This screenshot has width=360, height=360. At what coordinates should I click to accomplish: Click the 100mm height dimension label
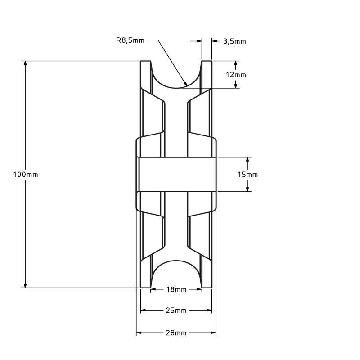[26, 175]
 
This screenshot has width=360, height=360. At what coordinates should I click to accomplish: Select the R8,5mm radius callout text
[130, 40]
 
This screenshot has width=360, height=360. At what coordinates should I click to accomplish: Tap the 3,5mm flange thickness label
[234, 41]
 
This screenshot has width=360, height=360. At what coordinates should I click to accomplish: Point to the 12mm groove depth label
[236, 75]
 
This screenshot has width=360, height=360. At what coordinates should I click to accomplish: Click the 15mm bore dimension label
[247, 175]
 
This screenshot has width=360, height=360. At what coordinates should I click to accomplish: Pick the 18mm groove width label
[176, 290]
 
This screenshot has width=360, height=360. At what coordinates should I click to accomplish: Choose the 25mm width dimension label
[176, 310]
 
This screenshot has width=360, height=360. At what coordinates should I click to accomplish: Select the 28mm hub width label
[176, 333]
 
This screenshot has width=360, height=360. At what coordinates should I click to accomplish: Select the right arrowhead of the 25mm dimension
[209, 310]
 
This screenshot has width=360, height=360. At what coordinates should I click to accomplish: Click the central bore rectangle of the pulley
[176, 174]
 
